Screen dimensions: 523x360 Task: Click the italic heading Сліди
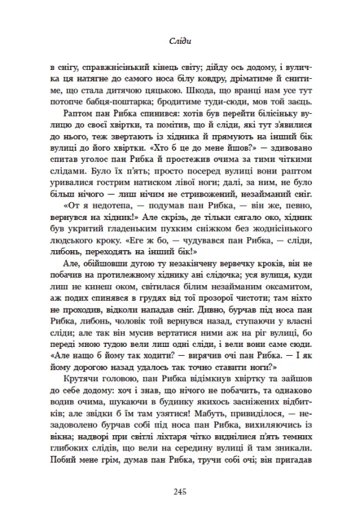click(x=180, y=41)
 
